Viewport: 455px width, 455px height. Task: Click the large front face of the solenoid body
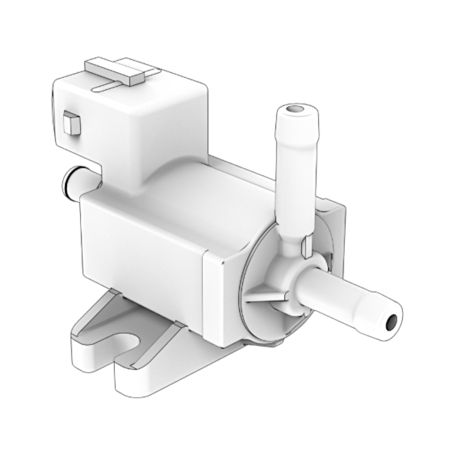(x=142, y=252)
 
